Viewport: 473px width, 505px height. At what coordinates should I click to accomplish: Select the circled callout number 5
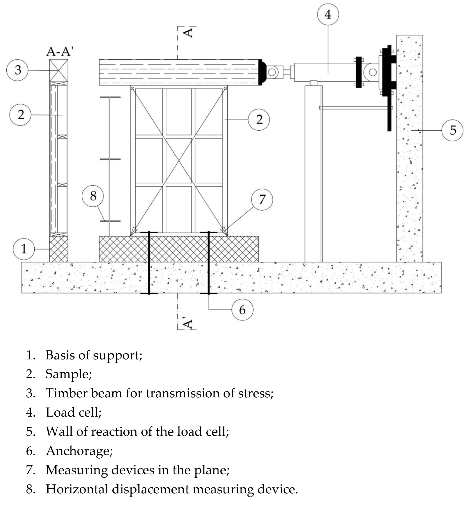pyautogui.click(x=452, y=130)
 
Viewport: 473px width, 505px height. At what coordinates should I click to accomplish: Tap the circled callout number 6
pyautogui.click(x=242, y=310)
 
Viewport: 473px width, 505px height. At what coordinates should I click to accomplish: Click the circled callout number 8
pyautogui.click(x=93, y=196)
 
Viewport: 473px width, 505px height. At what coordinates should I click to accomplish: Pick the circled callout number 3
pyautogui.click(x=17, y=70)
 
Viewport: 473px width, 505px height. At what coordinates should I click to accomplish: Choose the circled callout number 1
pyautogui.click(x=24, y=249)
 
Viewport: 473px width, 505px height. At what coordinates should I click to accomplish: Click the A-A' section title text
pyautogui.click(x=59, y=52)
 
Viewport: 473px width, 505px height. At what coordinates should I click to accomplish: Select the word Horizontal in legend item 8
pyautogui.click(x=77, y=489)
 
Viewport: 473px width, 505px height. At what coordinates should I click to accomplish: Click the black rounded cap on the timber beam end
pyautogui.click(x=262, y=72)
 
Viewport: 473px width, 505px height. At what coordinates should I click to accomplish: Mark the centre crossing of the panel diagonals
pyautogui.click(x=179, y=160)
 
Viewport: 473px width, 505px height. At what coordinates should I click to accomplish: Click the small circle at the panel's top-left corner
pyautogui.click(x=132, y=88)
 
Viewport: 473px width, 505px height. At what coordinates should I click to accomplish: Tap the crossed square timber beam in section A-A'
pyautogui.click(x=59, y=70)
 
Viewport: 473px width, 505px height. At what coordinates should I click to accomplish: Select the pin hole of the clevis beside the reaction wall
pyautogui.click(x=373, y=72)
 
